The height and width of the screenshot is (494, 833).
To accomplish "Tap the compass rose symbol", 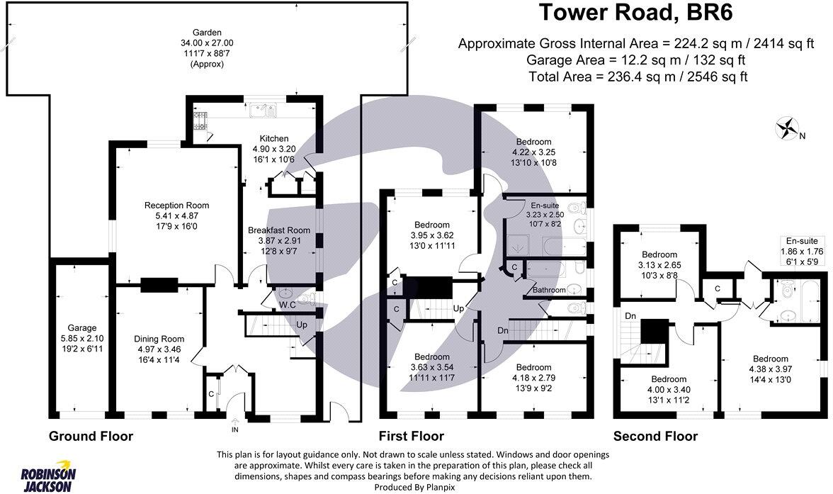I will [786, 130].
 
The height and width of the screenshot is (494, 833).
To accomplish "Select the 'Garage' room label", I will [81, 328].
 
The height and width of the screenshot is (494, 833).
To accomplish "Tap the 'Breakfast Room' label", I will [279, 230].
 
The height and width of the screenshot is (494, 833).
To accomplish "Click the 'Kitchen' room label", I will [274, 138].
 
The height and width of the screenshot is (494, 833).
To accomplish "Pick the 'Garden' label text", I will [208, 33].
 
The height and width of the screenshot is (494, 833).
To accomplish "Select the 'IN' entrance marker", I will [235, 430].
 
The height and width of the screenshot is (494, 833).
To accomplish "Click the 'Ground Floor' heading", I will [91, 436].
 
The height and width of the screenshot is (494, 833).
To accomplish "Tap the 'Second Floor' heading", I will [655, 437].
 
